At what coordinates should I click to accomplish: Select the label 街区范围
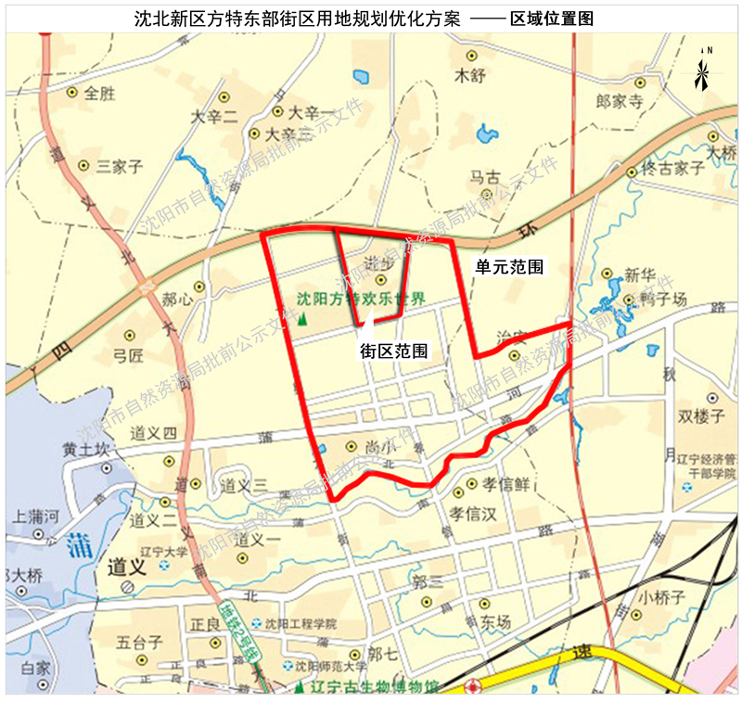coord(394,351)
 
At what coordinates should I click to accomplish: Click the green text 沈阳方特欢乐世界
coord(361,300)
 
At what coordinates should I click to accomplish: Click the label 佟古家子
coord(674,169)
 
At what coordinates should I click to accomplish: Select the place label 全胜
coord(99,94)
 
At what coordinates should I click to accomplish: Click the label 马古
coord(484,176)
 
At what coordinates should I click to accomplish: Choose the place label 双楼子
coord(701,416)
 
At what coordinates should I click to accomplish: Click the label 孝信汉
coord(475,512)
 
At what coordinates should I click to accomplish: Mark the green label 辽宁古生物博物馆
coord(375,687)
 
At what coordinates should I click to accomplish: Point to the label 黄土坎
coord(86,450)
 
